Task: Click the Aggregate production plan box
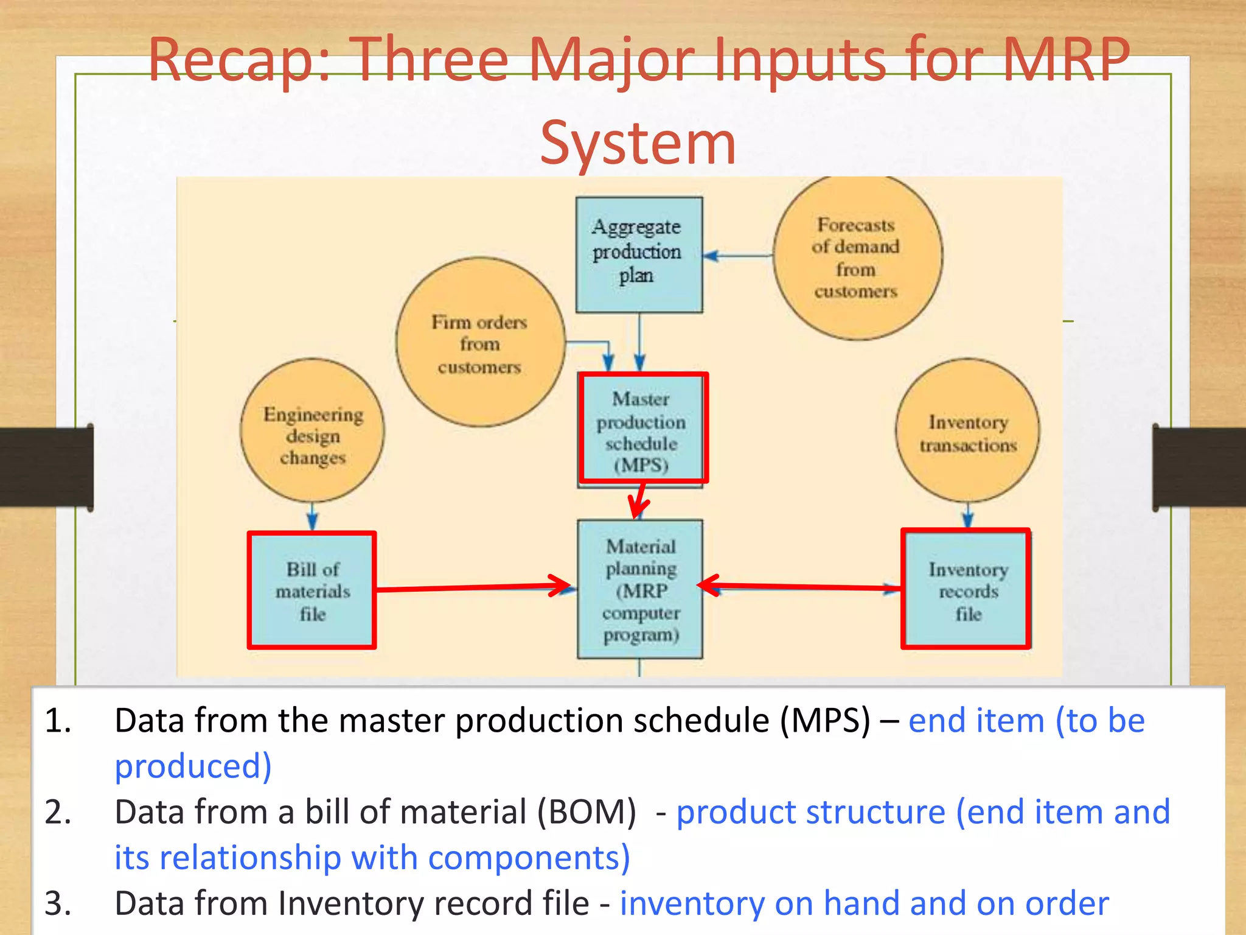tap(639, 254)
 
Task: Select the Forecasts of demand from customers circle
tap(857, 257)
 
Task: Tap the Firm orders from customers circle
tap(479, 343)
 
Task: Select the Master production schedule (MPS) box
tap(642, 429)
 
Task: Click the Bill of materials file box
tap(311, 590)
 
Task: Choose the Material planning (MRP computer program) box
tap(640, 589)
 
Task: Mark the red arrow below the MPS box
tap(638, 501)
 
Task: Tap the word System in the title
tap(638, 144)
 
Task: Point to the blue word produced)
tap(193, 766)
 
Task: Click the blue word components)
tap(529, 858)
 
